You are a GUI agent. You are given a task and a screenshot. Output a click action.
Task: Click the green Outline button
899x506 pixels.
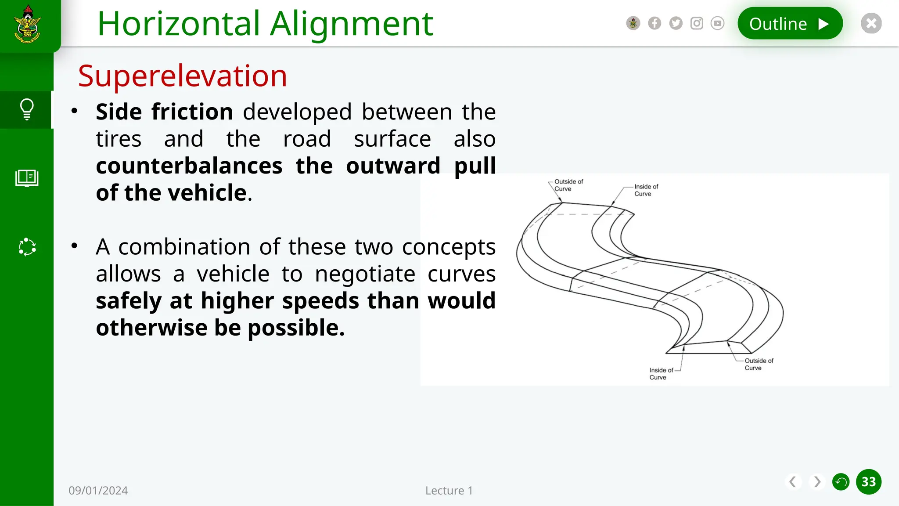[x=790, y=24]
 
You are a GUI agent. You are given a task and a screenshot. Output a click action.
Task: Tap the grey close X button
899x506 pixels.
[x=871, y=23]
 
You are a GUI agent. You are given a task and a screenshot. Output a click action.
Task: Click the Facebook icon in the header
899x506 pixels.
[x=654, y=23]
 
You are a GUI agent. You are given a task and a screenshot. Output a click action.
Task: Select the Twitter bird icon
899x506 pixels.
[x=676, y=23]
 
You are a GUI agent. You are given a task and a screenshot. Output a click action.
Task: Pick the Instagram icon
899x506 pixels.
[x=697, y=23]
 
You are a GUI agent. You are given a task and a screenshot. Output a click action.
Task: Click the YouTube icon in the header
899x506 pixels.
[x=717, y=23]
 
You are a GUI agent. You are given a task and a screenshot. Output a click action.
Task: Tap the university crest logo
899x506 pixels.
[x=28, y=24]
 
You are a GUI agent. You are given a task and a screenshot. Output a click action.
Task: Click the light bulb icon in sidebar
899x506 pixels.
[x=27, y=109]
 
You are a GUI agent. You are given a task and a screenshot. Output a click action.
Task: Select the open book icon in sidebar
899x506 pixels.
[x=27, y=178]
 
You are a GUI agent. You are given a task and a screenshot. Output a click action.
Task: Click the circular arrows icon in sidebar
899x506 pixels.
[x=27, y=247]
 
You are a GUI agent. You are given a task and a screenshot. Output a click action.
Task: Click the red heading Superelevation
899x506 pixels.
[x=183, y=76]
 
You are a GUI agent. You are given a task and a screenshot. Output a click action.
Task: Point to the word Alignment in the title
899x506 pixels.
[x=352, y=24]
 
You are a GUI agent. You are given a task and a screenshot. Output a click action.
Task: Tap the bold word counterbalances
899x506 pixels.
[x=189, y=166]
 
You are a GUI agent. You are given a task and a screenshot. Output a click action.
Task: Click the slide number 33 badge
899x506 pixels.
[x=868, y=482]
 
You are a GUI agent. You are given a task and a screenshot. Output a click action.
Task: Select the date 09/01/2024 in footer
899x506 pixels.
[x=98, y=491]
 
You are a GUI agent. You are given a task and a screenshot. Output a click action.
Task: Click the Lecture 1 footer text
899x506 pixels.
[x=449, y=491]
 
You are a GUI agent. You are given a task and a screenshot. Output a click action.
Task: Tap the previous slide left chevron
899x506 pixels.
[x=793, y=482]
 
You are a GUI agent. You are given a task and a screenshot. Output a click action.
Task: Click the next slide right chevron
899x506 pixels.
[x=817, y=482]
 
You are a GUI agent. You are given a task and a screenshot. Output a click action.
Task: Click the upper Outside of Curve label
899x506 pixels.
[x=568, y=185]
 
